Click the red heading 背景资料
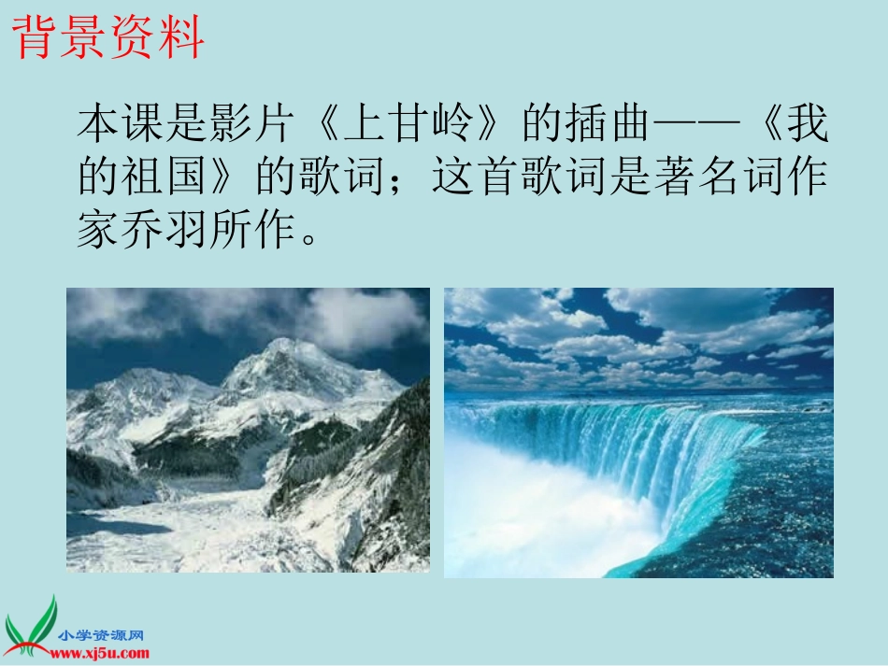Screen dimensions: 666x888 click(x=108, y=38)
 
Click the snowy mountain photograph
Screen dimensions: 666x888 click(x=248, y=430)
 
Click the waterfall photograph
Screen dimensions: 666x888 click(x=638, y=432)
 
